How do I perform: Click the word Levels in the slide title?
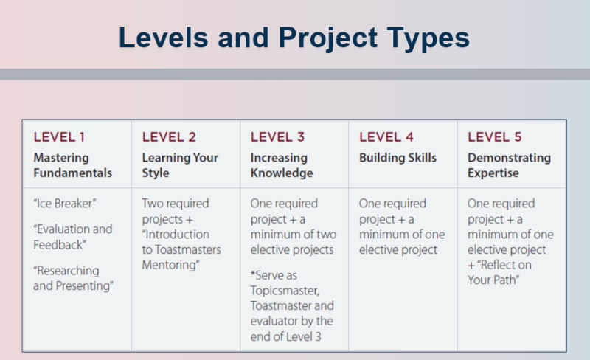coord(163,38)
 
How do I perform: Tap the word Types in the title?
coord(428,39)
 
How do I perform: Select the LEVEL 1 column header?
coord(59,137)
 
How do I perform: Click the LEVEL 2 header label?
coord(169,137)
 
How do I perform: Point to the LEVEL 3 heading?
coord(278,137)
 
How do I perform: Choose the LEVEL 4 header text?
coord(386,137)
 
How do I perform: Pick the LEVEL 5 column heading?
coord(495,137)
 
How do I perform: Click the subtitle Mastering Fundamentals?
coord(72,165)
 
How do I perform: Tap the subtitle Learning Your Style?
coord(180,165)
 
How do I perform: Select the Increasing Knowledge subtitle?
coord(282,165)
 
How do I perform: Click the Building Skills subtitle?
coord(398,158)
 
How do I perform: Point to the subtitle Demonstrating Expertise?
coord(509,165)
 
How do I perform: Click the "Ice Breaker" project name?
coord(65,204)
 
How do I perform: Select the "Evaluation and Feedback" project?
coord(72,237)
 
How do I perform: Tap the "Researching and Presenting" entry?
coord(73,278)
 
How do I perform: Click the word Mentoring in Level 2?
coord(170,265)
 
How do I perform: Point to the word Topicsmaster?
coord(285,291)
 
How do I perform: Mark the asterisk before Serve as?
coord(253,273)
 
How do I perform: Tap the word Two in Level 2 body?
coord(152,204)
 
